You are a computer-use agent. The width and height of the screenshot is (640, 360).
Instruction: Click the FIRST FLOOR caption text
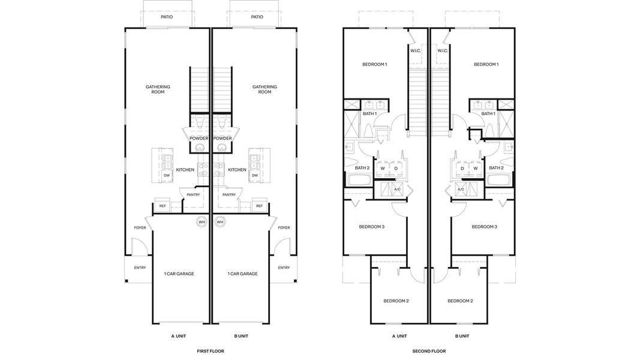tap(210, 351)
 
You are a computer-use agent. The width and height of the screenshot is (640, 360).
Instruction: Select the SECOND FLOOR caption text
tap(429, 351)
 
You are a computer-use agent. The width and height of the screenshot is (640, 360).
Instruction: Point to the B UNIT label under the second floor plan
tap(462, 337)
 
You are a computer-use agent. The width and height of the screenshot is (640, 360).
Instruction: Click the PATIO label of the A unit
tap(167, 17)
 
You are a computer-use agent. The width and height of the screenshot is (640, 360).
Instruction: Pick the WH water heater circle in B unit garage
tap(220, 222)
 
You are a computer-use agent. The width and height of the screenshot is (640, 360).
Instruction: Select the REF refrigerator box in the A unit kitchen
tap(162, 206)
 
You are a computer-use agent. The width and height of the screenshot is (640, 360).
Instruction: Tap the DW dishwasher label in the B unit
tap(255, 175)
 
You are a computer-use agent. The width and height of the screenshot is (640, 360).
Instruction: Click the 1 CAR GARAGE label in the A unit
tap(179, 274)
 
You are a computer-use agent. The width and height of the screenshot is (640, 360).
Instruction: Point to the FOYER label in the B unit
tap(284, 227)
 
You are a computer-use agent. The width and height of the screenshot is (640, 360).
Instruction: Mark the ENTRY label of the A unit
tap(140, 268)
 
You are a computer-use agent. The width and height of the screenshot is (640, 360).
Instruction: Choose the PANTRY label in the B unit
tap(229, 194)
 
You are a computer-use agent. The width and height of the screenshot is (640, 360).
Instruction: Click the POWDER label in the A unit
tap(199, 138)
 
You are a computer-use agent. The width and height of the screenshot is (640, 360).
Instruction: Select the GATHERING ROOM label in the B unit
tap(265, 89)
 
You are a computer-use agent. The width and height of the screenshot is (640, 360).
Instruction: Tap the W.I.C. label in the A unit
tap(416, 51)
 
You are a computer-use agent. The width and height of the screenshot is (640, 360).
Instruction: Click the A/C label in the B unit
tap(461, 189)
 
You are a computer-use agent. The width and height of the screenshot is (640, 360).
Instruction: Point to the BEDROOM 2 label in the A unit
tap(396, 301)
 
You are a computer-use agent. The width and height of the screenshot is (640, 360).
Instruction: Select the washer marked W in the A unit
tap(382, 169)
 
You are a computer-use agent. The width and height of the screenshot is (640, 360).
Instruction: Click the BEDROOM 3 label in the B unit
tap(484, 227)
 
